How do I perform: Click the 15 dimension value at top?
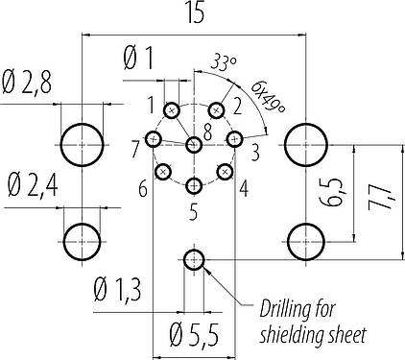[x=195, y=13]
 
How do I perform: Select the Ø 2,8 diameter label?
[x=27, y=84]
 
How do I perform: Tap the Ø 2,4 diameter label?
[x=33, y=185]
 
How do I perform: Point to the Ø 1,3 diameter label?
[x=117, y=290]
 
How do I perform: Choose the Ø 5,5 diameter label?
[x=194, y=335]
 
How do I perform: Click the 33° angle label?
[x=224, y=63]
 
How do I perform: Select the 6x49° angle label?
[x=268, y=96]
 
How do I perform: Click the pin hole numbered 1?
[x=172, y=110]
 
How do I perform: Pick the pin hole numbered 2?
[x=216, y=110]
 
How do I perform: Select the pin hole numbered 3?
[x=235, y=139]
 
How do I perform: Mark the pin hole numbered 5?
[x=194, y=185]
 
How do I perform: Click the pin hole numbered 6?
[x=163, y=171]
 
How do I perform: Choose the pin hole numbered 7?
[x=154, y=139]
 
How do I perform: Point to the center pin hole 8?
[x=194, y=145]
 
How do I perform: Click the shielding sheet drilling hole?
[x=194, y=259]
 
